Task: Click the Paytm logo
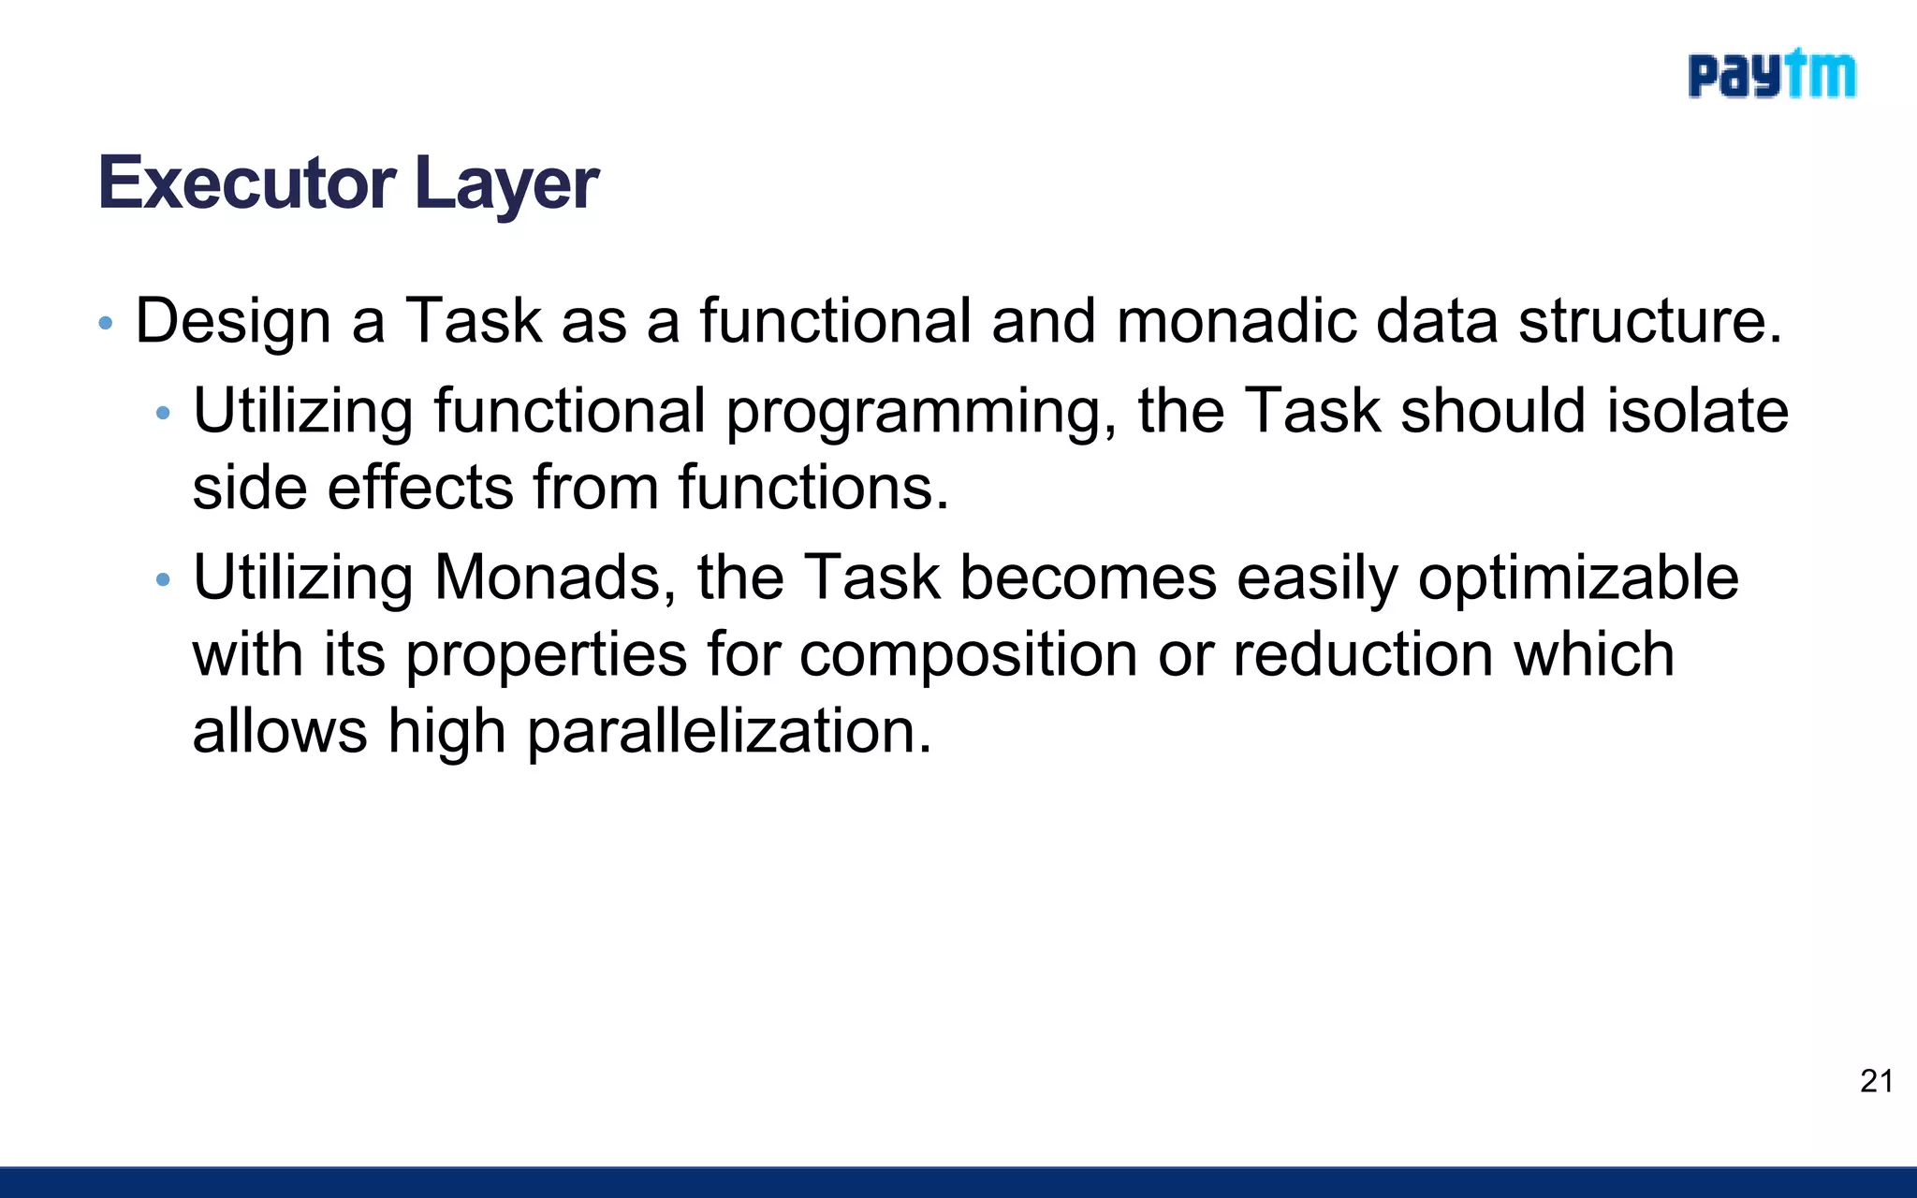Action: [1771, 75]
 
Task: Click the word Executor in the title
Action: [246, 183]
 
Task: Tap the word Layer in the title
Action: [505, 183]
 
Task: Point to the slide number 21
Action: [1877, 1081]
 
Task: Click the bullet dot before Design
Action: [106, 324]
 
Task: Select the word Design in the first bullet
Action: [233, 321]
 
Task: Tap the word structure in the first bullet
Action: [1649, 321]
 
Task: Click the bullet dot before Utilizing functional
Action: [163, 413]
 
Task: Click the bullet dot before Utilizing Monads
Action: [163, 580]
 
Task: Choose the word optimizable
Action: [1578, 577]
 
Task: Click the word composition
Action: [968, 654]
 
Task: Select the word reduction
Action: [1362, 654]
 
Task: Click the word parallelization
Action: [729, 731]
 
